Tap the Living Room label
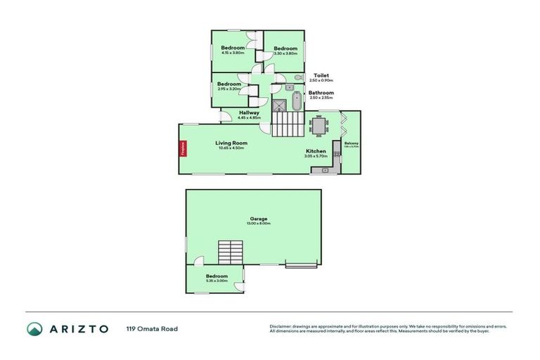(x=231, y=143)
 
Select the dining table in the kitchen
(x=319, y=126)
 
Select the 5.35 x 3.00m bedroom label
(x=217, y=276)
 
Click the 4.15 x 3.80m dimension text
(x=233, y=53)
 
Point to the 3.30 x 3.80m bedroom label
(x=285, y=49)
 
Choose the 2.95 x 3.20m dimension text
(x=229, y=89)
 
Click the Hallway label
(x=250, y=112)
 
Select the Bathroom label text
(x=321, y=92)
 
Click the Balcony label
(x=352, y=143)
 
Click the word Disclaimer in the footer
(x=281, y=326)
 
